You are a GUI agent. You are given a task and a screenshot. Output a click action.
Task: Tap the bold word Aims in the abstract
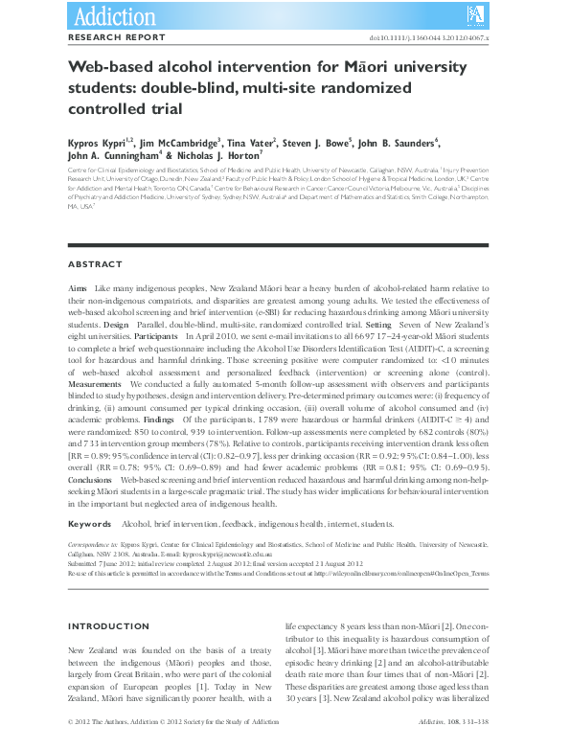click(80, 288)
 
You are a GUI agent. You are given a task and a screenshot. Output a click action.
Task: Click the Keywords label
click(90, 525)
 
